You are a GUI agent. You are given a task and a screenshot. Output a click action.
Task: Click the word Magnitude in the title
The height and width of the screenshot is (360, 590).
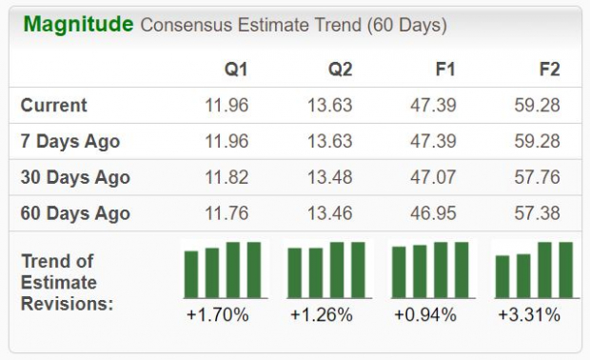(x=78, y=25)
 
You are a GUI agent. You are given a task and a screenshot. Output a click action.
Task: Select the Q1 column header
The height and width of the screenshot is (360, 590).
(x=236, y=70)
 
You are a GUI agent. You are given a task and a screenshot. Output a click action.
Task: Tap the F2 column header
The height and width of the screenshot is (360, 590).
(x=548, y=70)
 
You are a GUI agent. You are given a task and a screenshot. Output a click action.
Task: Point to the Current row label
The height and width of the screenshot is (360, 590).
(x=54, y=106)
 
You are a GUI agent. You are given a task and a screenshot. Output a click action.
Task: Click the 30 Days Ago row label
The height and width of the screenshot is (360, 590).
(x=75, y=178)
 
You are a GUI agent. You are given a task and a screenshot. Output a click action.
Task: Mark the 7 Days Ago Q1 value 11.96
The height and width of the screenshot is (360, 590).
(x=226, y=142)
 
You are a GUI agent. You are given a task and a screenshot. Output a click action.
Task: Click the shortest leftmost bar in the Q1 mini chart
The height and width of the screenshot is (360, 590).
(x=191, y=274)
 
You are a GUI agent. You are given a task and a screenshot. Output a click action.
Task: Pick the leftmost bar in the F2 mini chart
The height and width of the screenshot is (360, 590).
(x=502, y=276)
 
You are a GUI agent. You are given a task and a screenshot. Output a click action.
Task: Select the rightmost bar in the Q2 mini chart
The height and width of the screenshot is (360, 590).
(x=358, y=270)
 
